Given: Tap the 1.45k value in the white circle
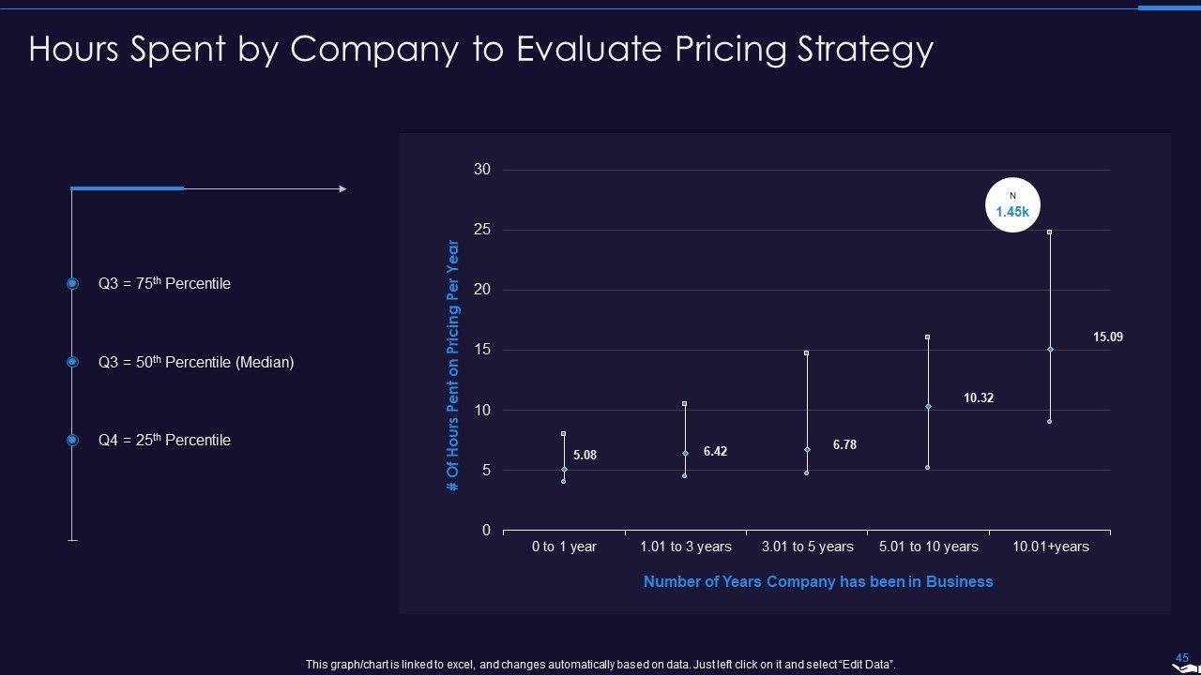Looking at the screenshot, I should pos(1012,212).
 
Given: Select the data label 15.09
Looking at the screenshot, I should pos(1107,337).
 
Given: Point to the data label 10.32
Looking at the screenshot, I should pos(978,397).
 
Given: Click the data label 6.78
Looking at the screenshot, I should pos(844,445).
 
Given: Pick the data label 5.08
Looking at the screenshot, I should pos(585,456).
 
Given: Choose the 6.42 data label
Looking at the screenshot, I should pos(715,451).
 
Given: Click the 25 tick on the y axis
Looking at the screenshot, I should pos(481,230).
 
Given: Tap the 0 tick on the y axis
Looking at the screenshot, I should pos(486,531).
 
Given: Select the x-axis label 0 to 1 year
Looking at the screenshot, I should pos(564,547).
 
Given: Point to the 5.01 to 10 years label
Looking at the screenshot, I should pos(928,547).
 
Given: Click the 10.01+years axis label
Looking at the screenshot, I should pos(1050,547).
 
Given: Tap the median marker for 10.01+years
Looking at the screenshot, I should pos(1050,350).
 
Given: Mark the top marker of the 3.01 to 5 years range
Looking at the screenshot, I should pos(806,353).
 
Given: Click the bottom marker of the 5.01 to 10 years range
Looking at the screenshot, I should pos(928,467).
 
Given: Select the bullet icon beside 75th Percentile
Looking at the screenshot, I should pos(72,283).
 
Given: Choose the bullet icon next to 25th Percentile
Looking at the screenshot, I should pos(72,440).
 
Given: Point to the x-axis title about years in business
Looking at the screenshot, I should pos(817,581).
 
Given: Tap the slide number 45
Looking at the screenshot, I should pos(1181,658).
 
